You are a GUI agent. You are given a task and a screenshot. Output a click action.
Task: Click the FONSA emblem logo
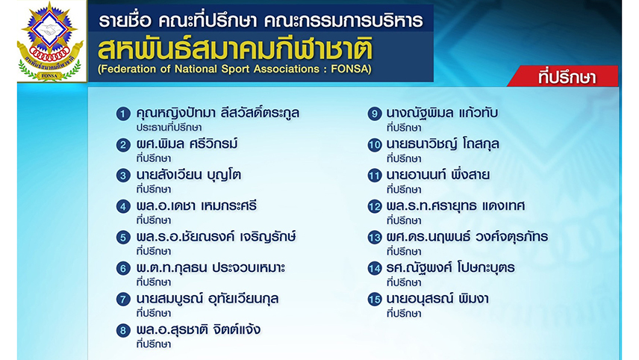point(50,41)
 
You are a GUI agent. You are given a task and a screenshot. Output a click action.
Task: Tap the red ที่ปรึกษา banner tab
point(564,76)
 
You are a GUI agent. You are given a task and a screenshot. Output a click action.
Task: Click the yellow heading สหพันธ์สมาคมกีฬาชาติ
point(235,49)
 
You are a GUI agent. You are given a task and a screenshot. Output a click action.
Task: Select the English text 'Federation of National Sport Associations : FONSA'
point(234,69)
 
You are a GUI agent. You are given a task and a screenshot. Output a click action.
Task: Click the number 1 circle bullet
point(123,114)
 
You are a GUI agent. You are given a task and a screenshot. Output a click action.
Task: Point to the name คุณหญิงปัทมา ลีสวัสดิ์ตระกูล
point(218,113)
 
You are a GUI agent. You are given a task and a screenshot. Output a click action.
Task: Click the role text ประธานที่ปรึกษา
point(169,128)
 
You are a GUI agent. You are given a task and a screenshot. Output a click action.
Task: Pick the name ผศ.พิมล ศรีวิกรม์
point(187,144)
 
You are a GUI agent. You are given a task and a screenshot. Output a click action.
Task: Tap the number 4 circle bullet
point(123,206)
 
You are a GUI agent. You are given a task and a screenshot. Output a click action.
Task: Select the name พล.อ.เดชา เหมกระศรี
point(196,206)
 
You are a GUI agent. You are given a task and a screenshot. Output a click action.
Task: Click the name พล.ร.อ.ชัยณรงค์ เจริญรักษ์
point(216,237)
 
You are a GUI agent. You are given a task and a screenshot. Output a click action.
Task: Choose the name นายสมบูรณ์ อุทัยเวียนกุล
point(208,299)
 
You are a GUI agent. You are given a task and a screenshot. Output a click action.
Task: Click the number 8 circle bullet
point(123,330)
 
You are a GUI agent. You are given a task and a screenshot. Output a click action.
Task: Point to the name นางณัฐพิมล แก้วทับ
point(442,113)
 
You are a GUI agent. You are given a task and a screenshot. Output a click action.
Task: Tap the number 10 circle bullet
point(374,145)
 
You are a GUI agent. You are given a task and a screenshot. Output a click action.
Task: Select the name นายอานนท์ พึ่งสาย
point(438,175)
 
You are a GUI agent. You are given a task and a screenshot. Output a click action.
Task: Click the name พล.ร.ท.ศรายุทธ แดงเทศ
point(455,206)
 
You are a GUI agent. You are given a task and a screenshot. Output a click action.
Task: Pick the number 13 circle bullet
point(374,238)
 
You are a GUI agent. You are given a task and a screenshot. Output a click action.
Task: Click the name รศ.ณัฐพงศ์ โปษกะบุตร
point(450,268)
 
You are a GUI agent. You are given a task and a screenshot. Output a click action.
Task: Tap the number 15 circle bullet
point(374,300)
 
